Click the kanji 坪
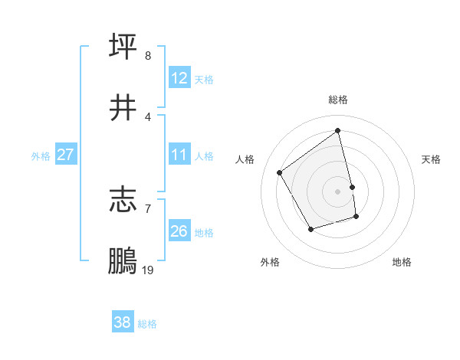coord(123,46)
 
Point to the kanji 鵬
coord(123,260)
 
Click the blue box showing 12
coord(179,78)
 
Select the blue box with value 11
coord(179,155)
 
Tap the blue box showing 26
coord(179,231)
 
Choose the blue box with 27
coord(66,155)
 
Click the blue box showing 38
coord(123,323)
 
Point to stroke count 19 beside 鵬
coord(147,270)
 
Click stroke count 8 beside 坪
coord(147,55)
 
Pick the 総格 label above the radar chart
coord(338,100)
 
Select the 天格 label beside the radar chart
coord(432,159)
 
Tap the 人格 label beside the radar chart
coord(245,159)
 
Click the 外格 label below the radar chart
coord(270,262)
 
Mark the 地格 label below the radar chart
coord(402,262)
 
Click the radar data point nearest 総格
coord(338,131)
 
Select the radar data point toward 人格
coord(280,172)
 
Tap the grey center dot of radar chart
coord(338,191)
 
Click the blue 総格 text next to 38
coord(147,324)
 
